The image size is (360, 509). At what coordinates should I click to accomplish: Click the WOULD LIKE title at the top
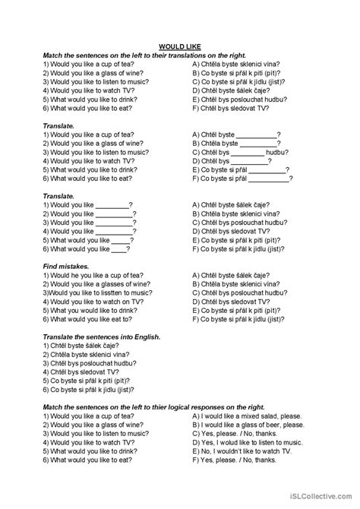[179, 46]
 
